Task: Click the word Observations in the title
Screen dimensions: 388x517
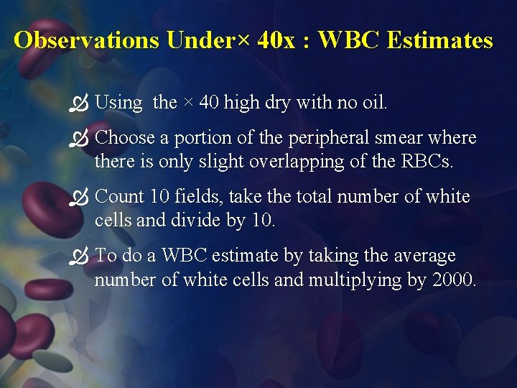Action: point(87,40)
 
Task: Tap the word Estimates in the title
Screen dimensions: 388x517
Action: point(439,40)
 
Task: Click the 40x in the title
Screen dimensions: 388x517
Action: point(275,40)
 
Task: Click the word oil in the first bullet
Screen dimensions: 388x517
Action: point(373,103)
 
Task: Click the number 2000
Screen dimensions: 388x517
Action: point(454,280)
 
